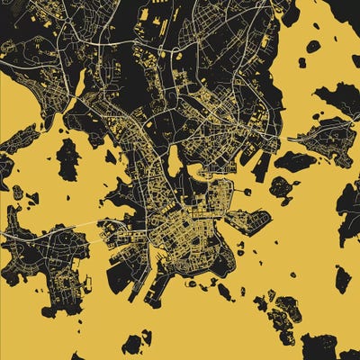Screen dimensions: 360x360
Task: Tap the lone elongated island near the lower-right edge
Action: point(343,278)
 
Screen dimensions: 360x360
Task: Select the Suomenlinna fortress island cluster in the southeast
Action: point(283,310)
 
